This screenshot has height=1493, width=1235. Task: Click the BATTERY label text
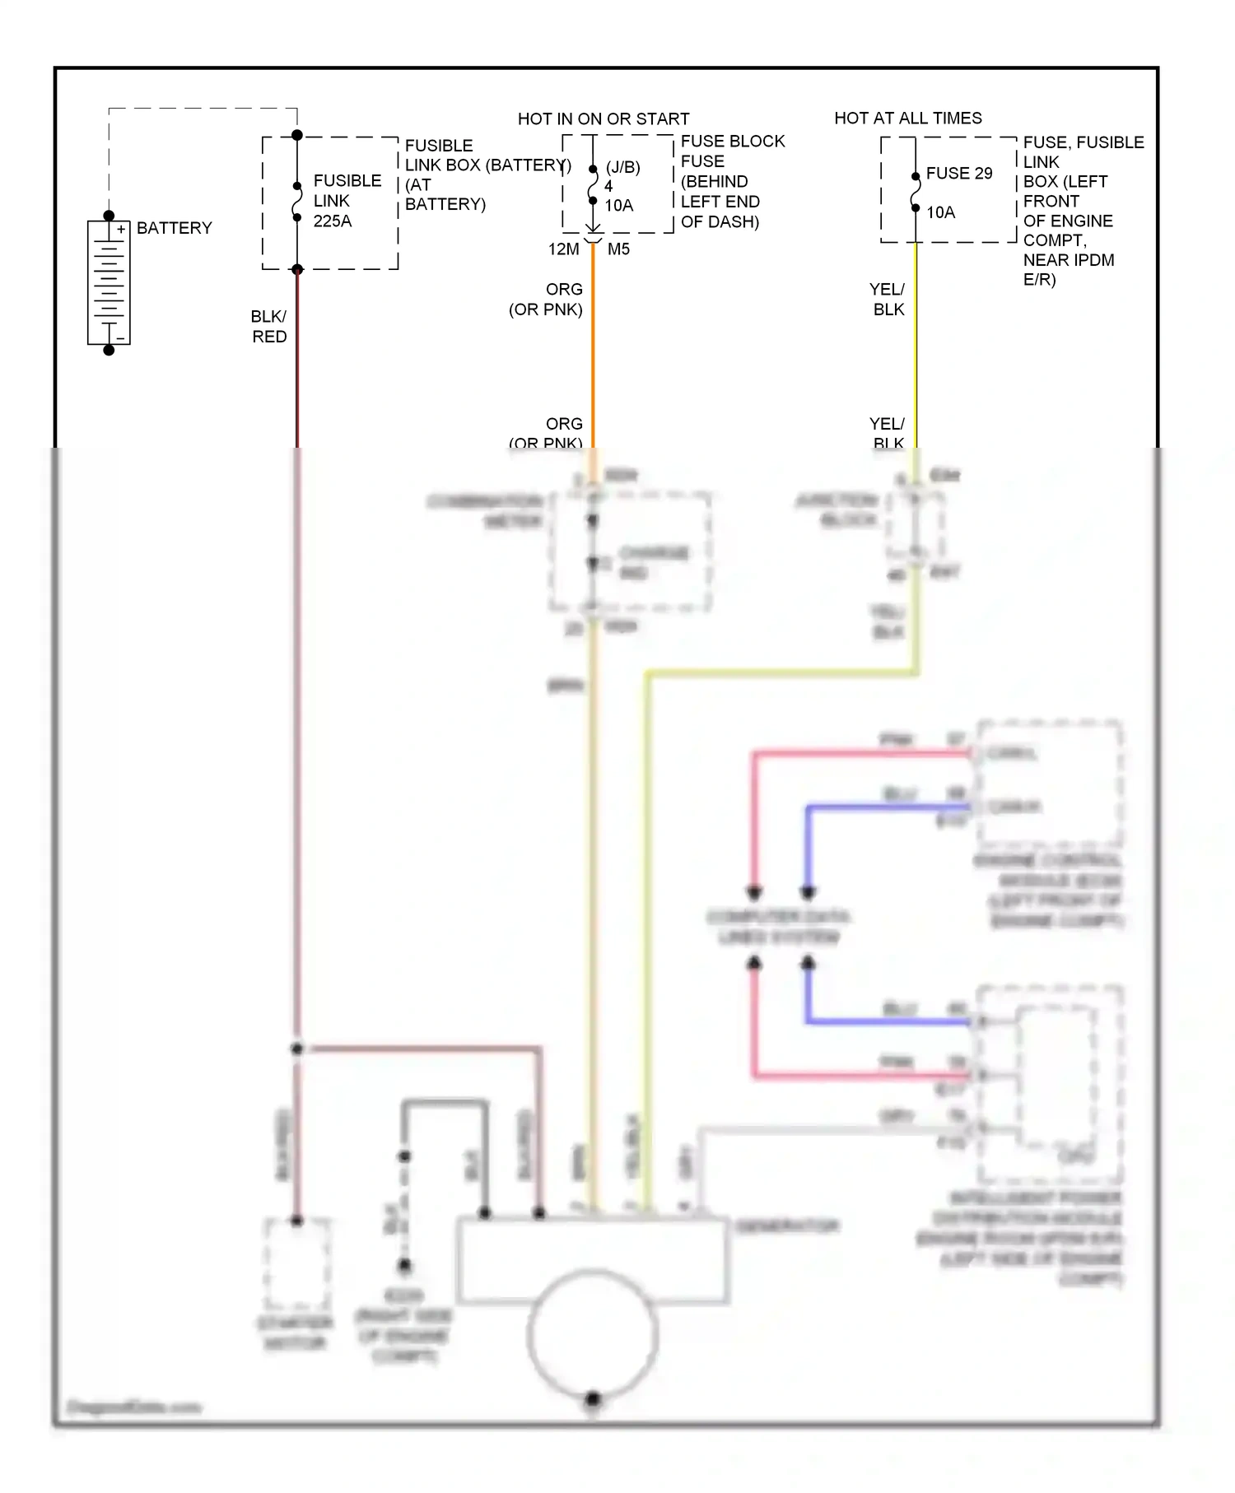[x=174, y=228]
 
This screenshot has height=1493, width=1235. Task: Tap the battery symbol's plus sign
[x=121, y=230]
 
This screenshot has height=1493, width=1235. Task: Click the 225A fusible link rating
[x=332, y=221]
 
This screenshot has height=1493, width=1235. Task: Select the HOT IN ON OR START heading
[x=603, y=119]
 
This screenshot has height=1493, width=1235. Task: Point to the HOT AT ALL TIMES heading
[x=907, y=118]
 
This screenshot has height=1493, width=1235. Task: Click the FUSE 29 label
[x=958, y=173]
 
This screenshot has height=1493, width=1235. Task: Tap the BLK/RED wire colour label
[x=269, y=326]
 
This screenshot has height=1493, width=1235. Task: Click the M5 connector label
[x=618, y=249]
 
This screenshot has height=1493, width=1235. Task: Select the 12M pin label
[x=563, y=249]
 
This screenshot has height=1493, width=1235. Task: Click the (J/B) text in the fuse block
[x=622, y=167]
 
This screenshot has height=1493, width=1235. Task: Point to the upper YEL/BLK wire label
[x=888, y=299]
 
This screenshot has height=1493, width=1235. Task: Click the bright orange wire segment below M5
[x=593, y=346]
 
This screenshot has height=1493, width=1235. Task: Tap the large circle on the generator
[x=592, y=1333]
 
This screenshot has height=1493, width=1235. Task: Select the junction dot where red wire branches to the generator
[x=297, y=1049]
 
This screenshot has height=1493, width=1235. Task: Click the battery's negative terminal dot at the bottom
[x=109, y=350]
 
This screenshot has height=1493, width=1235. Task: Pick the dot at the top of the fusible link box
[x=297, y=135]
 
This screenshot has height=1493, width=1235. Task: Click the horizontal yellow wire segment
[x=782, y=674]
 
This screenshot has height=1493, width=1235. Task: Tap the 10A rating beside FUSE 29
[x=940, y=212]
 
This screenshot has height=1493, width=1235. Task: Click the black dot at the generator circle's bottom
[x=592, y=1398]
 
